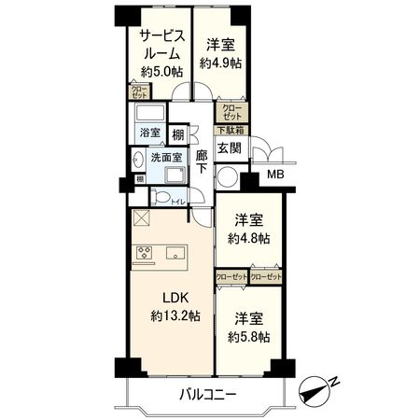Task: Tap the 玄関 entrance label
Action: pyautogui.click(x=230, y=147)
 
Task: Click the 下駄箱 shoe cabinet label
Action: pyautogui.click(x=231, y=130)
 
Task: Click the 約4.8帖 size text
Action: pyautogui.click(x=248, y=238)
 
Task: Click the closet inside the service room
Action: pyautogui.click(x=139, y=91)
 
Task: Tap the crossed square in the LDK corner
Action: pyautogui.click(x=141, y=217)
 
